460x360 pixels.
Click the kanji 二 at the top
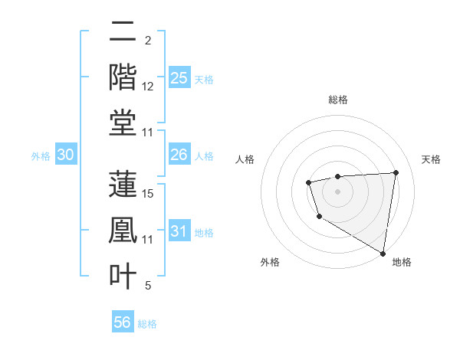pyautogui.click(x=123, y=32)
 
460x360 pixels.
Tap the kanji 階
pyautogui.click(x=123, y=77)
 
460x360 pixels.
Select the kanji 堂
pyautogui.click(x=123, y=123)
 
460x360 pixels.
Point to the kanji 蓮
pyautogui.click(x=123, y=184)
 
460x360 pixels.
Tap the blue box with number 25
pyautogui.click(x=179, y=78)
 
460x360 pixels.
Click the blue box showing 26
pyautogui.click(x=179, y=155)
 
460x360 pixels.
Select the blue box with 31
pyautogui.click(x=179, y=232)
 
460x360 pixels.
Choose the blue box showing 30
pyautogui.click(x=65, y=155)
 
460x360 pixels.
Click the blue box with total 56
pyautogui.click(x=122, y=322)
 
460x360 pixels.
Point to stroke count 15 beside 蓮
pyautogui.click(x=149, y=193)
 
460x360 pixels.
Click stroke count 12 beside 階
pyautogui.click(x=149, y=87)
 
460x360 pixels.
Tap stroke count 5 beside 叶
pyautogui.click(x=148, y=286)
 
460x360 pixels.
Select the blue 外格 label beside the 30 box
pyautogui.click(x=41, y=156)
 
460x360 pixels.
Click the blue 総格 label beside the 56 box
pyautogui.click(x=147, y=324)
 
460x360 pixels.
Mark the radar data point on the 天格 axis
pyautogui.click(x=396, y=172)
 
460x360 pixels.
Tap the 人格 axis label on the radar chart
pyautogui.click(x=245, y=159)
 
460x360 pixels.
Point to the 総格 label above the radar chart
pyautogui.click(x=337, y=100)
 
